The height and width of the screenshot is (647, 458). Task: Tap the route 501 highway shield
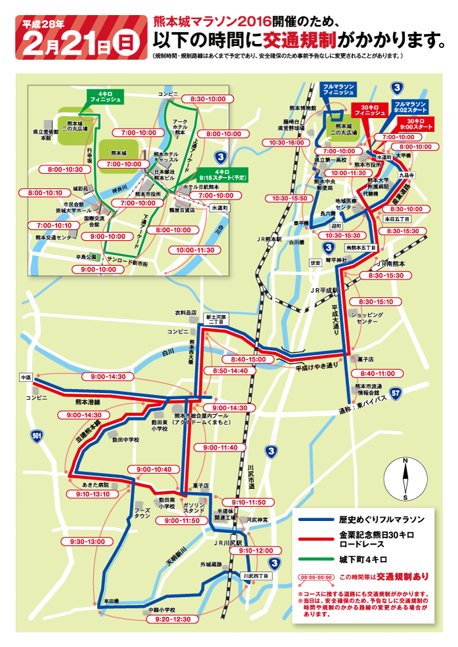pos(36,434)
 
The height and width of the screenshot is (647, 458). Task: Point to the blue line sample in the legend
pos(315,519)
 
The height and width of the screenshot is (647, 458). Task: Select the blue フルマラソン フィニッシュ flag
pos(339,90)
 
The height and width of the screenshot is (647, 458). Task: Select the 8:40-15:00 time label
pos(248,360)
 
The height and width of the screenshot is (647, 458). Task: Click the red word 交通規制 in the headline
pos(299,41)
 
